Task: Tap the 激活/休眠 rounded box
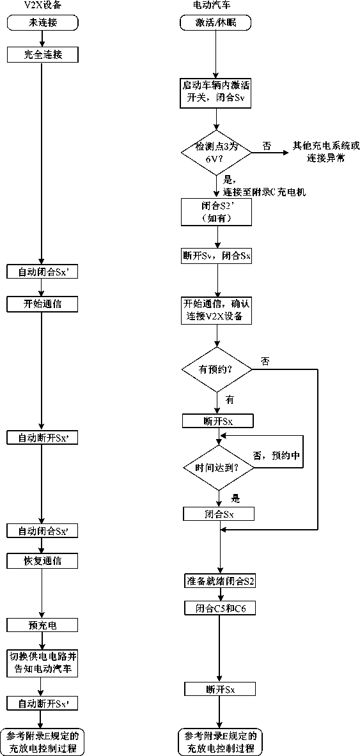pos(215,22)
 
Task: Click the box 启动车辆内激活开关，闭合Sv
pos(217,91)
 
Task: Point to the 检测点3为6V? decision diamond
pos(216,153)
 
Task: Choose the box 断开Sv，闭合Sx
pos(217,256)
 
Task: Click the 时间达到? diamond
pos(219,467)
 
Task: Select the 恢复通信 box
pos(43,561)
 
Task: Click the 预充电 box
pos(43,626)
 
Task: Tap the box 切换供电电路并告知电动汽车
pos(43,663)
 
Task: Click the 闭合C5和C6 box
pos(220,608)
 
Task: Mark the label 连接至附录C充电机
pos(264,192)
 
